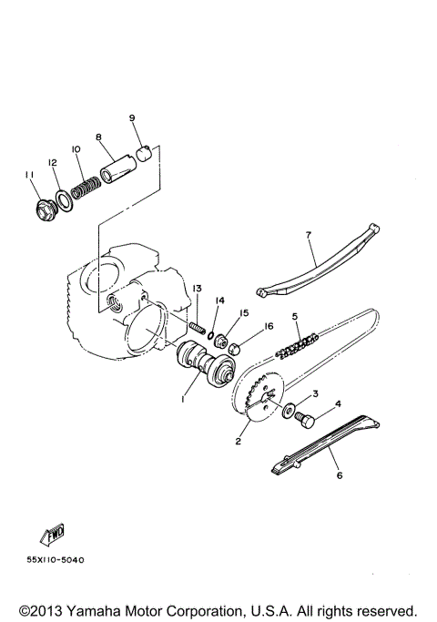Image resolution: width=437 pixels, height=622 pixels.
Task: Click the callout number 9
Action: (132, 118)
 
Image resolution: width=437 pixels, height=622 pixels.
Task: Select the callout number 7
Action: (309, 235)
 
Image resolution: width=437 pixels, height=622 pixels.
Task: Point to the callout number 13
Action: (195, 289)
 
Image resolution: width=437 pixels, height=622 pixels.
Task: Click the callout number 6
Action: (340, 474)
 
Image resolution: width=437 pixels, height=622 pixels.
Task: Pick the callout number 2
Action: (239, 442)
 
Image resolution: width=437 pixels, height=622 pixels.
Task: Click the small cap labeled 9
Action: (143, 149)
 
